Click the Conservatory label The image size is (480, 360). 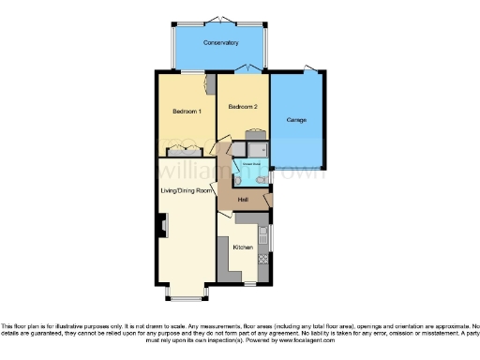[221, 43]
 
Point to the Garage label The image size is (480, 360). [296, 120]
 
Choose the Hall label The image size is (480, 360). [242, 201]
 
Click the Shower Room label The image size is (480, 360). [251, 163]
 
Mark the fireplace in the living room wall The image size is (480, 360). [161, 226]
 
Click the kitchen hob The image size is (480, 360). [266, 264]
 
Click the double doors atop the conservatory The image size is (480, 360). [221, 19]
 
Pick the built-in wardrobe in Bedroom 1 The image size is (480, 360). [184, 151]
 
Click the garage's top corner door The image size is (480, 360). [311, 69]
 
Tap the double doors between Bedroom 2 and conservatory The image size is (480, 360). [245, 72]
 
